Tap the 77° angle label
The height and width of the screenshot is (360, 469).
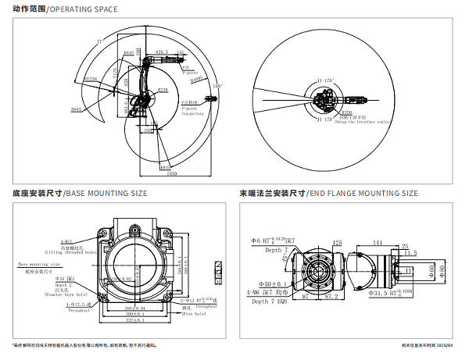[99, 41]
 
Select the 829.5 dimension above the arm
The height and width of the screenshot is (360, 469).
[162, 52]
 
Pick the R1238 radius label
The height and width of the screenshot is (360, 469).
[90, 79]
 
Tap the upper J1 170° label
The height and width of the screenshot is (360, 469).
[325, 80]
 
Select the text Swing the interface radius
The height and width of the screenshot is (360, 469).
[363, 123]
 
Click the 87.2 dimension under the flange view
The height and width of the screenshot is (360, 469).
[331, 298]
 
